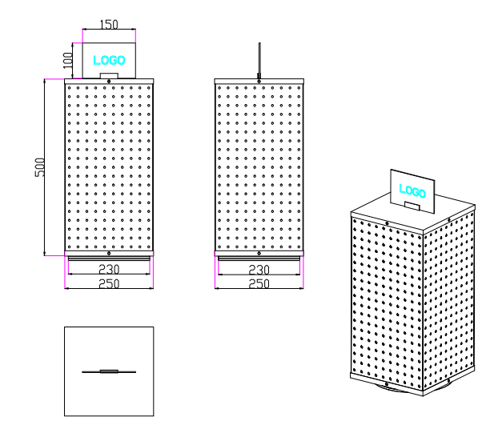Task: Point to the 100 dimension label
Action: point(68,58)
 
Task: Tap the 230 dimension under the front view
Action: point(109,270)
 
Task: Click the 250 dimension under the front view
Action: point(109,283)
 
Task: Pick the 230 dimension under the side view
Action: point(259,270)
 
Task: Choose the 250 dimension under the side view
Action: point(259,283)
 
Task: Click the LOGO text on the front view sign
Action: point(109,59)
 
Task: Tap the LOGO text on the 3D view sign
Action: point(412,190)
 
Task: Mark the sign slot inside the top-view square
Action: point(109,371)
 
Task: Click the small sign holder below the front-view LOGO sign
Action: point(109,76)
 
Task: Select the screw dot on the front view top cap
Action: point(109,82)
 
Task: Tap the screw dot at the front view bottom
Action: point(109,253)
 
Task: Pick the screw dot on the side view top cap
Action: point(259,82)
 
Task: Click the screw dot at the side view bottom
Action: point(259,253)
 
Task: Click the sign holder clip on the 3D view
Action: point(412,206)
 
